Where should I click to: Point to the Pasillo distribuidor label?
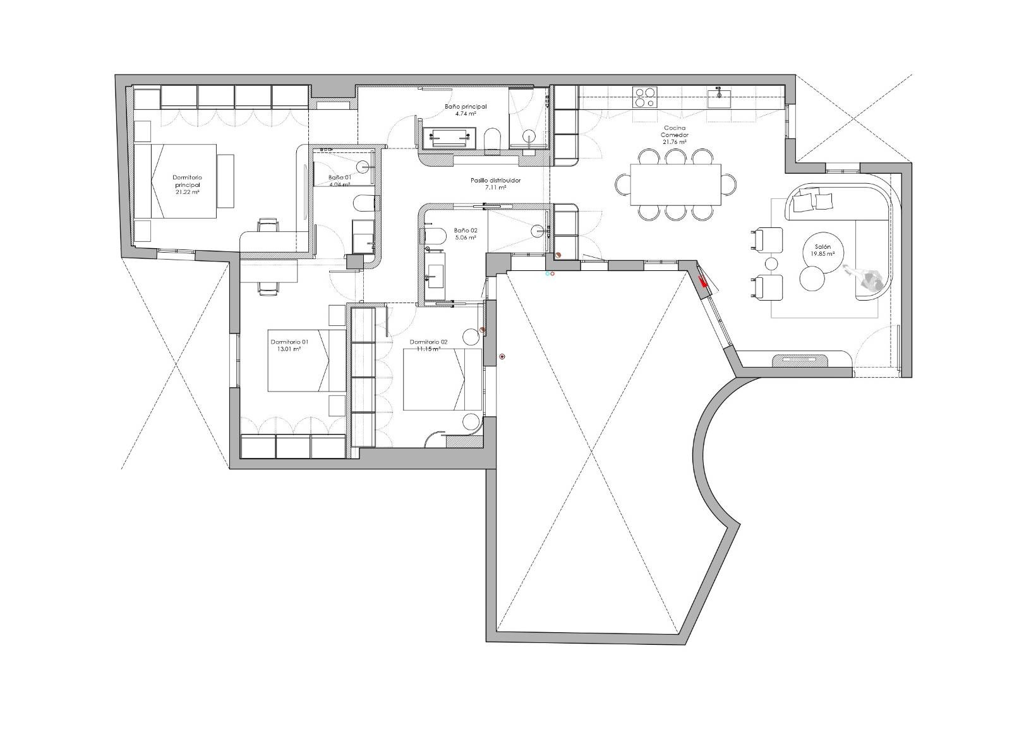[x=496, y=180]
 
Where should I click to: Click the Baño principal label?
[x=465, y=107]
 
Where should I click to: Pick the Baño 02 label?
[x=465, y=231]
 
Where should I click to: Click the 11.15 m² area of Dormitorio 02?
[x=428, y=349]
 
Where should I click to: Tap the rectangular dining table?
[x=676, y=184]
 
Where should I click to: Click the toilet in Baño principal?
[x=492, y=140]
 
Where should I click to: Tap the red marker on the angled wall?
[x=704, y=283]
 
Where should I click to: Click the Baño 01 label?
[x=339, y=177]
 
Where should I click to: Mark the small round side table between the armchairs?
[x=772, y=263]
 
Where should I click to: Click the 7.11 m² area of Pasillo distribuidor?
[x=496, y=188]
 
